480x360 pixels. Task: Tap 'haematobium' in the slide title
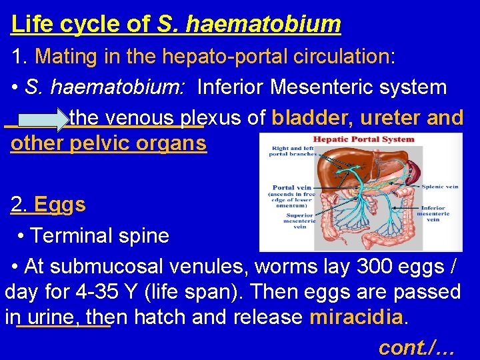264,24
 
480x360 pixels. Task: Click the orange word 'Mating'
65,56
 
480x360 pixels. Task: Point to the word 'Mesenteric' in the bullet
338,87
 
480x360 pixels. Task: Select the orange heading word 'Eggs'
59,204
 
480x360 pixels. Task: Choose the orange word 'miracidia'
357,317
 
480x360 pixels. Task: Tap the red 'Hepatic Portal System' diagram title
363,140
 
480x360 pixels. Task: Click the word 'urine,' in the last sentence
65,317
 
